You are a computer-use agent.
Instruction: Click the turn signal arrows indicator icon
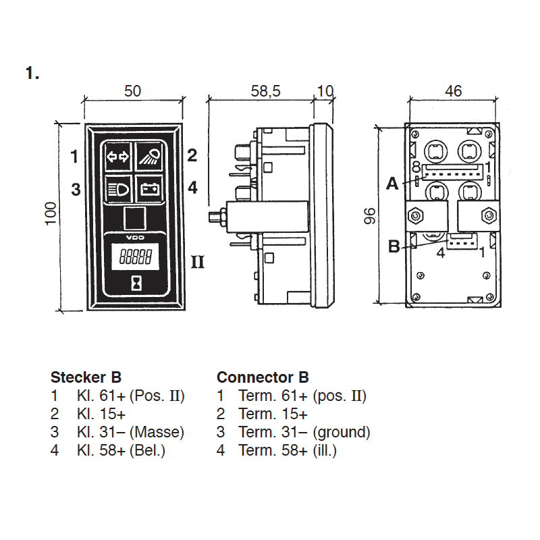(x=117, y=158)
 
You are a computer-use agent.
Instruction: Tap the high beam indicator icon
(x=149, y=158)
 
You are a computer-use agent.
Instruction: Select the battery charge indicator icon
(x=149, y=189)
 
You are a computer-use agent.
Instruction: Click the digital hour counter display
(x=134, y=257)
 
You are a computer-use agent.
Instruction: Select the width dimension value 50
(x=133, y=91)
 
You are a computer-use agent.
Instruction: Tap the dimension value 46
(x=453, y=91)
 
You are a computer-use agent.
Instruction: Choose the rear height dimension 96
(x=369, y=216)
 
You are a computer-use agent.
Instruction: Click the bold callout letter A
(x=392, y=183)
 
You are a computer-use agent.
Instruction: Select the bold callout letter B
(x=394, y=247)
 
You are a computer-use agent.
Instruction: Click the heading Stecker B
(x=86, y=377)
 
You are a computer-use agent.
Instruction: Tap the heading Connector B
(x=263, y=377)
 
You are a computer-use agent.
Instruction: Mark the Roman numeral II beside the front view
(x=197, y=262)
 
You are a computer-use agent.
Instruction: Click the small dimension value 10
(x=325, y=91)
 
